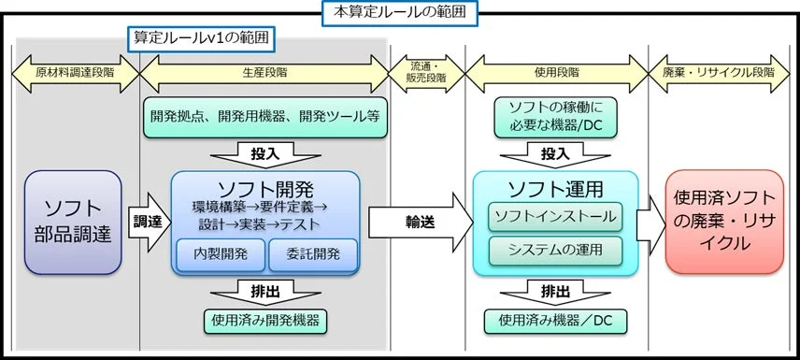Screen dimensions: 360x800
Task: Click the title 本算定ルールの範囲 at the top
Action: click(399, 12)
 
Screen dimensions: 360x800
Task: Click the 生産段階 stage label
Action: click(264, 72)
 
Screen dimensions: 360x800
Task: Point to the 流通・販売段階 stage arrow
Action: click(426, 71)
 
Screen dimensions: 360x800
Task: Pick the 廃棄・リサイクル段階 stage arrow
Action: click(725, 72)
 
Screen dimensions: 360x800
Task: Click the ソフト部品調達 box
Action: click(73, 222)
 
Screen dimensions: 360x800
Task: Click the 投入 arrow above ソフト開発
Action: click(265, 151)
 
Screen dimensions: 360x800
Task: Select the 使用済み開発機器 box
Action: click(265, 321)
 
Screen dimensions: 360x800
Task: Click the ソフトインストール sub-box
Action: click(555, 217)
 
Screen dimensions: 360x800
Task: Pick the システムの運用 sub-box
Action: click(555, 251)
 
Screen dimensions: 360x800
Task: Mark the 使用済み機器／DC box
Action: click(555, 321)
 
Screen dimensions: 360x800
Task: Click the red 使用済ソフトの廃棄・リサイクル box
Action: click(723, 222)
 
